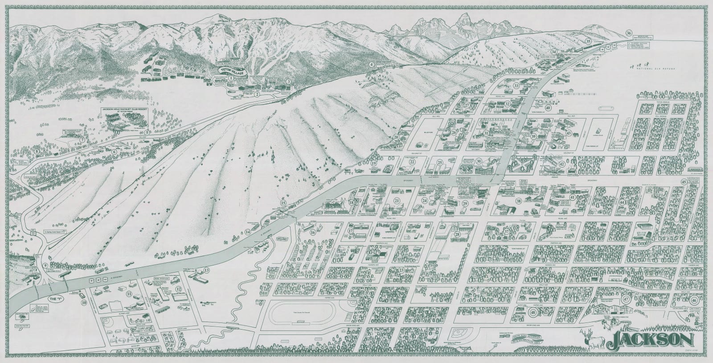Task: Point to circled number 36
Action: pos(629,33)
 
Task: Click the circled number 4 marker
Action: pos(371,64)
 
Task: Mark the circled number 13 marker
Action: pos(207,270)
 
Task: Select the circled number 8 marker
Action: pos(37,151)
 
